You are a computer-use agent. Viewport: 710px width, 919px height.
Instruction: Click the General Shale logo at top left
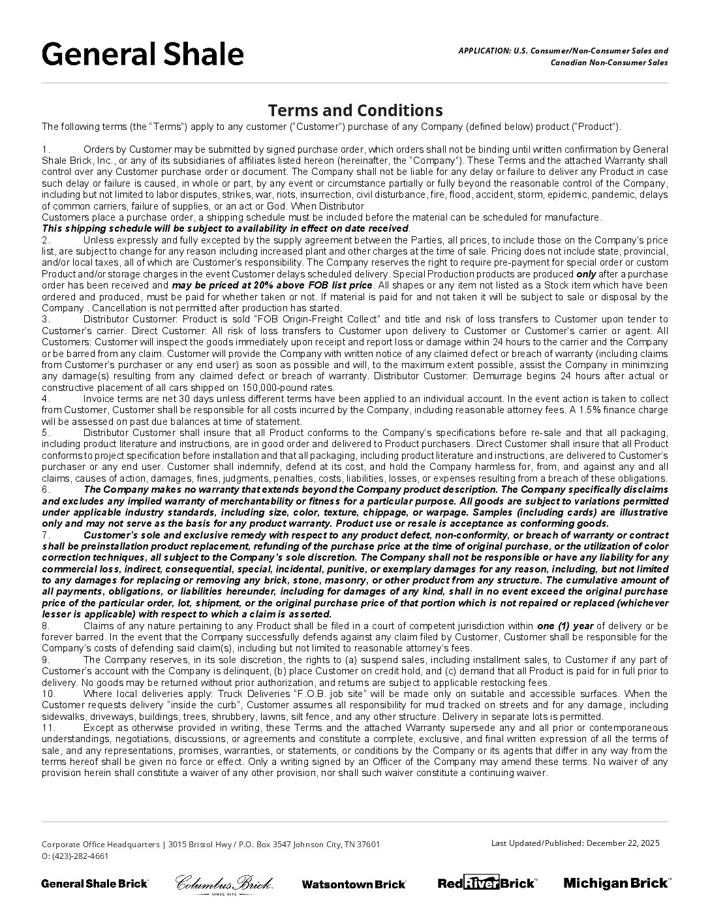(142, 54)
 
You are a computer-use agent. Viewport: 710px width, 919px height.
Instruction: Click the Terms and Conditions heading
(355, 110)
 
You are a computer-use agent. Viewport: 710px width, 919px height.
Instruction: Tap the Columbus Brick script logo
(224, 884)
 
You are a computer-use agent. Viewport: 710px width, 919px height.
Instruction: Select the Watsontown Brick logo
(354, 884)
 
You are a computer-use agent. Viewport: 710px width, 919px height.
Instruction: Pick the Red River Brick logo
(487, 883)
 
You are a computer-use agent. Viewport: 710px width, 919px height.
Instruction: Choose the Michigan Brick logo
(616, 883)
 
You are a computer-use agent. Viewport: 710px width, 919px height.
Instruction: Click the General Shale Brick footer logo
(95, 884)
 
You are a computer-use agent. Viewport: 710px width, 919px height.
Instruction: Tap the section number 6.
(46, 490)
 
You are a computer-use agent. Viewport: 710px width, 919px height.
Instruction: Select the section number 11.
(48, 728)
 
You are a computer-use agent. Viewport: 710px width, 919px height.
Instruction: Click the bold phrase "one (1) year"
(565, 626)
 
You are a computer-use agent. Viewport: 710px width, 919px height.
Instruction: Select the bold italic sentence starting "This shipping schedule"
(225, 228)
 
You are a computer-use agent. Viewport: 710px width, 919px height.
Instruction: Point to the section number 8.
(46, 626)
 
